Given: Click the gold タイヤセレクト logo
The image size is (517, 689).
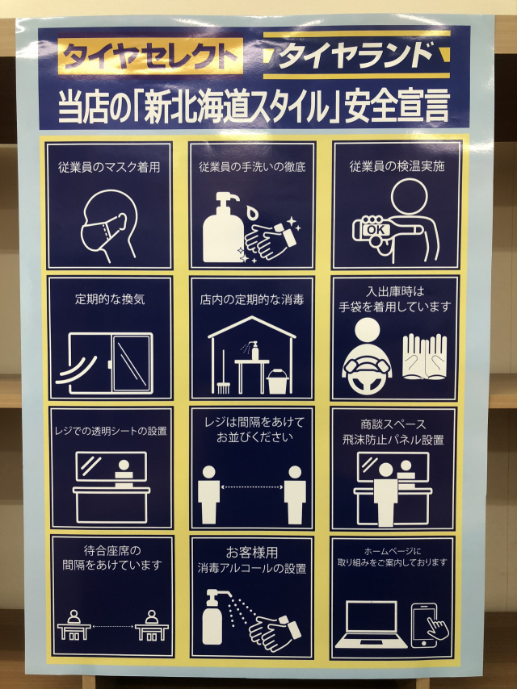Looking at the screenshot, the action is pos(150,56).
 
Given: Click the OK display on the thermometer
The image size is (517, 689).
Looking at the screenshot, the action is pos(376,229).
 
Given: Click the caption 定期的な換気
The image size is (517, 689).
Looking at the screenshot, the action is pos(110,299).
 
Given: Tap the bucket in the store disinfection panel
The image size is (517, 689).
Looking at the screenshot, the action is pos(278,381).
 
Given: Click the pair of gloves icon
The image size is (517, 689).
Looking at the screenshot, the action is pos(425,357).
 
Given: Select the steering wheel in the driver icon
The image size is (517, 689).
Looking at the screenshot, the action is pos(367,377).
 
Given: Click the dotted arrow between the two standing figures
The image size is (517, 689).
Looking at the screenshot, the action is pos(252,486).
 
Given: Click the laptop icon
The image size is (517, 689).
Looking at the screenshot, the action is pos(371,624).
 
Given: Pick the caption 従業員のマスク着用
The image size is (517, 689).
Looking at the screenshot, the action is pos(109,168).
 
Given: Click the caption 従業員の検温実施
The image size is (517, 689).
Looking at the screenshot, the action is pos(397,166).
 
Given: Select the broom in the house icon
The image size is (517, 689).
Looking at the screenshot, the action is pos(224,372).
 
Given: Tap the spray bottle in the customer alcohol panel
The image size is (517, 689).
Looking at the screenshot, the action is pos(216,617).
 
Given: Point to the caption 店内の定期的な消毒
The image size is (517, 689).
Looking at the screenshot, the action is pos(252,300).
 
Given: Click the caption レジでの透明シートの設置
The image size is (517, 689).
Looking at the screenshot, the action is pos(111,431).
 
